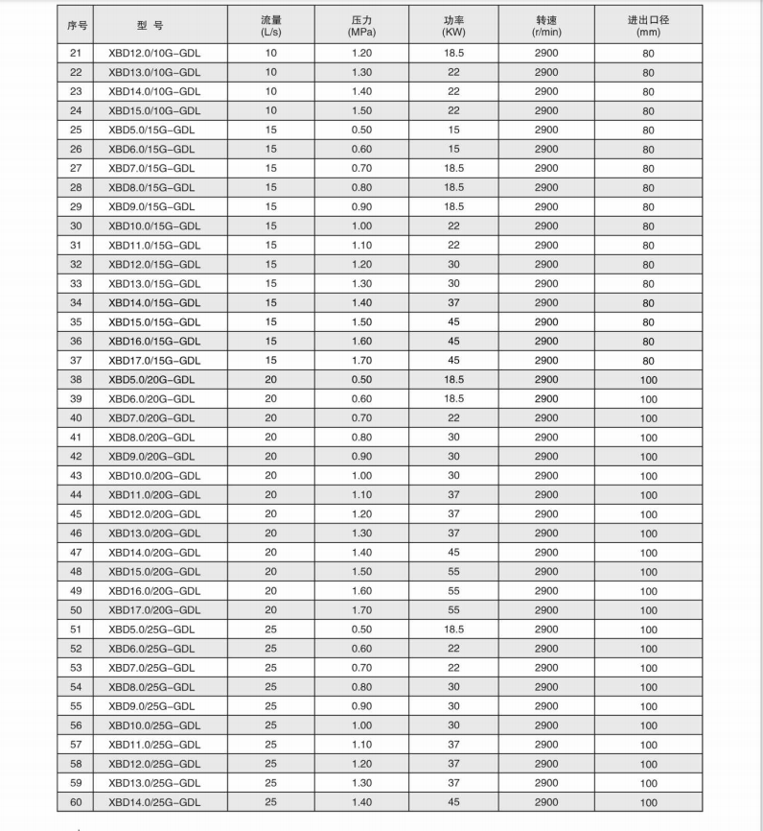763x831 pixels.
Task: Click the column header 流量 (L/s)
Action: pos(271,25)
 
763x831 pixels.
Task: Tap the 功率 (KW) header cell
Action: pos(453,25)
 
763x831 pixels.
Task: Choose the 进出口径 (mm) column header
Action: pos(648,25)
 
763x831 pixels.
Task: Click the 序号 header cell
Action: pos(77,25)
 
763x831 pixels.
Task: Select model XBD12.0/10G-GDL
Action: pos(154,53)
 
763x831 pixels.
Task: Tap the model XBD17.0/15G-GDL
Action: pos(154,360)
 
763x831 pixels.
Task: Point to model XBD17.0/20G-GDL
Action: pos(154,609)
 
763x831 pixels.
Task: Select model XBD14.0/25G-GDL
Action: pos(154,801)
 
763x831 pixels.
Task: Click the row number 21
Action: pos(77,53)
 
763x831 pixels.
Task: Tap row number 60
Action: pos(77,801)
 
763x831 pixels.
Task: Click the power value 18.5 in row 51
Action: pos(453,629)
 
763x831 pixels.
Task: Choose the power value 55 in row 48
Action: pos(453,571)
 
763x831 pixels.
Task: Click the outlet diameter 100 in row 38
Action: pos(648,380)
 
